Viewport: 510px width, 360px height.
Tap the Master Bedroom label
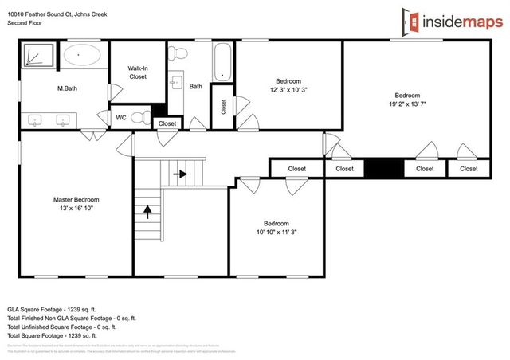pyautogui.click(x=76, y=199)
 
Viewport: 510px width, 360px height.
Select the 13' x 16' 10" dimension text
pyautogui.click(x=76, y=208)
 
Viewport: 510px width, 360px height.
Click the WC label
pyautogui.click(x=120, y=118)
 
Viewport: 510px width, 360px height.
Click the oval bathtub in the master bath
pyautogui.click(x=82, y=56)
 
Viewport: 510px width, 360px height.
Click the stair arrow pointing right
pyautogui.click(x=181, y=173)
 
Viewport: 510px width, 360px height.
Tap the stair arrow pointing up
pyautogui.click(x=147, y=211)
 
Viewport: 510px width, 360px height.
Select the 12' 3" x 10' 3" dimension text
pyautogui.click(x=288, y=89)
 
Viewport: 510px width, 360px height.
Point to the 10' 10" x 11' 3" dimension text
pyautogui.click(x=277, y=232)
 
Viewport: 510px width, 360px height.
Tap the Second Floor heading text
pyautogui.click(x=25, y=24)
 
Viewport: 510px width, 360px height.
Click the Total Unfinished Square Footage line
pyautogui.click(x=62, y=327)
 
